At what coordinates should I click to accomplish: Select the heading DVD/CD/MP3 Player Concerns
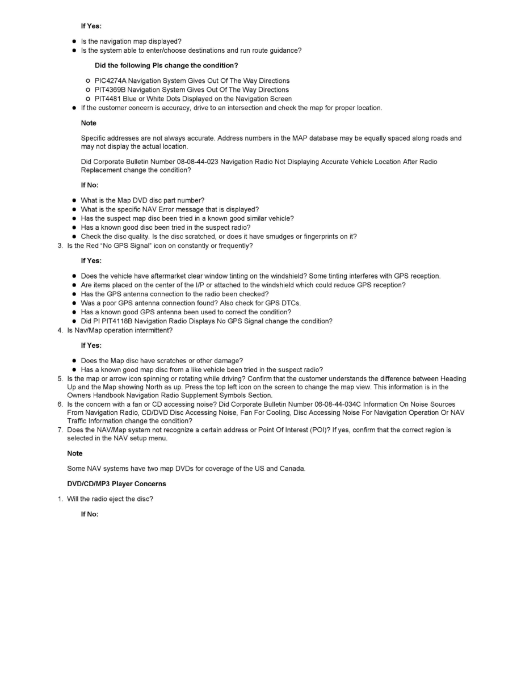tap(116, 484)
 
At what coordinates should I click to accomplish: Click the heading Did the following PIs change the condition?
tap(162, 65)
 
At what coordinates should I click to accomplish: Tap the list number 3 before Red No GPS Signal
tap(60, 246)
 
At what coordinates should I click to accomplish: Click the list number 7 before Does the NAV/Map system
tap(60, 430)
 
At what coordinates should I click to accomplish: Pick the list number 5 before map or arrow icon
tap(60, 378)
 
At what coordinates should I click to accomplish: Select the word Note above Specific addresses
tap(89, 123)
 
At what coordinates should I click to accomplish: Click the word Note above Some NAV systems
tap(74, 453)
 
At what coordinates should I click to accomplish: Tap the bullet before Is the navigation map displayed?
tap(74, 41)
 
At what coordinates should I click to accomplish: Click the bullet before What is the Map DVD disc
tap(74, 200)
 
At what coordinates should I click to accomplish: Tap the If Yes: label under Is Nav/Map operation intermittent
tap(91, 346)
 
